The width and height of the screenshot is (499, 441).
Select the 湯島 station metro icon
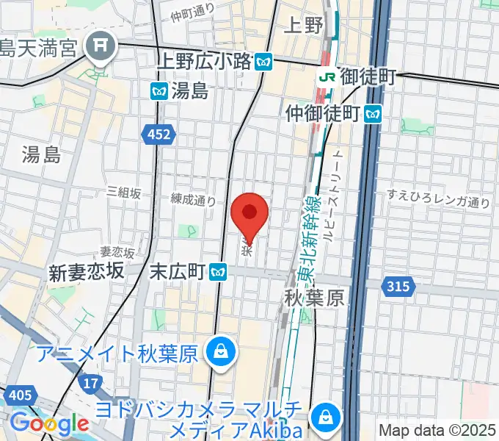coord(159,91)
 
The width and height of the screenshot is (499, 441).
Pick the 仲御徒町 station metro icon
coord(374,113)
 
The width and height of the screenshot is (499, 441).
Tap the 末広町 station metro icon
coord(216,272)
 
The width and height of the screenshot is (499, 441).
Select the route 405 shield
coord(21,395)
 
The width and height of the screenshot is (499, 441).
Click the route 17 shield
coord(91,383)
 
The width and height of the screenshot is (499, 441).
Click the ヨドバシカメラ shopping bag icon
coord(323,417)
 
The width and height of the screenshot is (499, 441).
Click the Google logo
coord(49,423)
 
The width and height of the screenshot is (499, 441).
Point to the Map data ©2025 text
coord(437,430)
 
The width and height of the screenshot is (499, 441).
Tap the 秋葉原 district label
coord(314,298)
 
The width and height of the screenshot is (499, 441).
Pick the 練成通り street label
coord(194,199)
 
